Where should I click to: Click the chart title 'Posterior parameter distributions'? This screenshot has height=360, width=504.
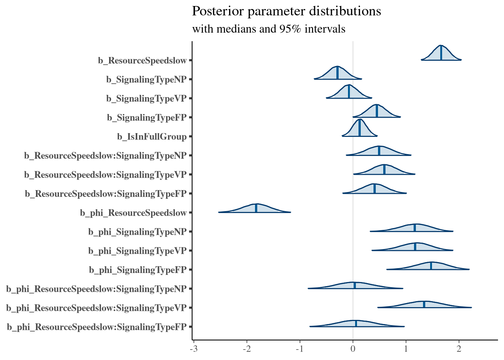pyautogui.click(x=286, y=11)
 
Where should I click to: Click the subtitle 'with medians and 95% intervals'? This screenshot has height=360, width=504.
pyautogui.click(x=268, y=29)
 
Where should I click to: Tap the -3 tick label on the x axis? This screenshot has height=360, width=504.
pyautogui.click(x=193, y=349)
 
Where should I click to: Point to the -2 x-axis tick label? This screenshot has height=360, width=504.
pyautogui.click(x=246, y=349)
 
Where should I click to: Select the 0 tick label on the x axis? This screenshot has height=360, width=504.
pyautogui.click(x=353, y=349)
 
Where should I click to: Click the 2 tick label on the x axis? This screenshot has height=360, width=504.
pyautogui.click(x=459, y=349)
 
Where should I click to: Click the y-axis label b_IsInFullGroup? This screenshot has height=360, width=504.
pyautogui.click(x=152, y=137)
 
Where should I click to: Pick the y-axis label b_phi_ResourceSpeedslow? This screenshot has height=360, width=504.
pyautogui.click(x=133, y=213)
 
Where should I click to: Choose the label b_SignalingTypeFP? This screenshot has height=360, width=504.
pyautogui.click(x=147, y=118)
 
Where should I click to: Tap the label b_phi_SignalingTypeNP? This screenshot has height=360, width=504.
pyautogui.click(x=137, y=232)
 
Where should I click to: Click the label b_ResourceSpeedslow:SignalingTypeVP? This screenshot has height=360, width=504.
pyautogui.click(x=105, y=175)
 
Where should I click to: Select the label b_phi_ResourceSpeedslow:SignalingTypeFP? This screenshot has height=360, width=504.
pyautogui.click(x=97, y=327)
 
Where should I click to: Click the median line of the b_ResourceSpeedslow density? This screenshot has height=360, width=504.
pyautogui.click(x=441, y=53)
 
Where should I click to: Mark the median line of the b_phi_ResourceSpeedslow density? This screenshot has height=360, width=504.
pyautogui.click(x=256, y=208)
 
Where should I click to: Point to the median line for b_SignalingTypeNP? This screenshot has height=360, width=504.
pyautogui.click(x=337, y=73)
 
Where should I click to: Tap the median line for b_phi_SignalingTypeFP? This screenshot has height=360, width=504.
pyautogui.click(x=431, y=266)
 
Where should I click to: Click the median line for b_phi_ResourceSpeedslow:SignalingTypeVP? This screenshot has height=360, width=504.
pyautogui.click(x=424, y=304)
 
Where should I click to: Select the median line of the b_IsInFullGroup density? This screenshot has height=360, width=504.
pyautogui.click(x=360, y=128)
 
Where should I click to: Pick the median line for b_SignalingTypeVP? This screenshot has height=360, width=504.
pyautogui.click(x=349, y=91)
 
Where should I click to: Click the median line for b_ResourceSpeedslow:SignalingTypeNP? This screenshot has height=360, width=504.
pyautogui.click(x=379, y=151)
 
